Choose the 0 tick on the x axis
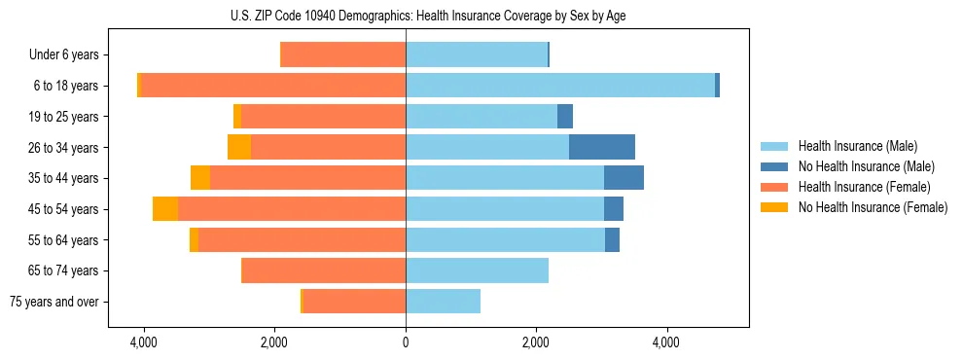coord(406,342)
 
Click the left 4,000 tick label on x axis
coord(144,342)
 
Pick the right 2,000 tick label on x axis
coord(536,342)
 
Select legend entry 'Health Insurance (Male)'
coord(857,146)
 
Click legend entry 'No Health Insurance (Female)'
coord(873,207)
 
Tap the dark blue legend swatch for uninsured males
coord(774,166)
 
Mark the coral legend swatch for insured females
coord(774,187)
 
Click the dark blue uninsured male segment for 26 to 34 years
coord(602,147)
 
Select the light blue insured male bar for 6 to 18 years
coord(560,86)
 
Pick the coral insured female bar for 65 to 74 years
coord(324,270)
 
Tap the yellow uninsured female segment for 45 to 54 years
coord(165,209)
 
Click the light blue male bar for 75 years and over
coord(443,302)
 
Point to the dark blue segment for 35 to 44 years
coord(624,178)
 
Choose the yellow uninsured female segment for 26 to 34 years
coord(239,147)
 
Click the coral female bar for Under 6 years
coord(343,55)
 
